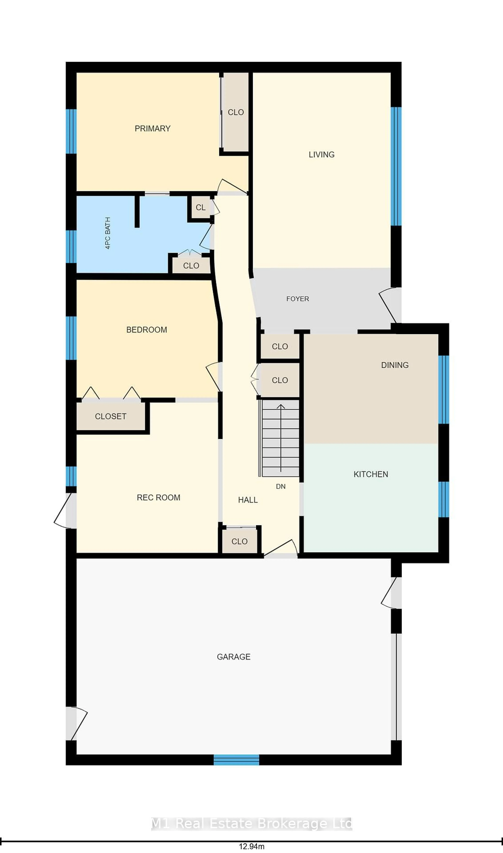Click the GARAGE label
pos(234,657)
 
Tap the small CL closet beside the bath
pos(200,207)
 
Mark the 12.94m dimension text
pos(251,846)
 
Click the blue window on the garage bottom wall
pos(236,759)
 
